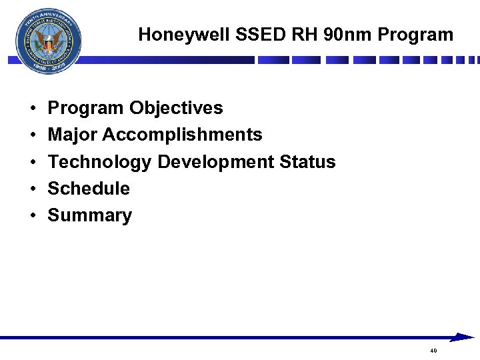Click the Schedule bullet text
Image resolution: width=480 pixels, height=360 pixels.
pyautogui.click(x=89, y=189)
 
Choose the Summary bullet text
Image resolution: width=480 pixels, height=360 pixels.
pyautogui.click(x=90, y=215)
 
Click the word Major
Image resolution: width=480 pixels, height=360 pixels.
pyautogui.click(x=73, y=135)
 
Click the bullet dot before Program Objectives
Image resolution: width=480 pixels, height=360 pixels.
pyautogui.click(x=32, y=109)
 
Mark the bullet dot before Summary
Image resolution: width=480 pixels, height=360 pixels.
pyautogui.click(x=32, y=216)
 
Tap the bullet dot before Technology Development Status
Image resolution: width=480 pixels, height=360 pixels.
pyautogui.click(x=32, y=163)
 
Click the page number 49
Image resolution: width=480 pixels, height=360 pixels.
pyautogui.click(x=433, y=351)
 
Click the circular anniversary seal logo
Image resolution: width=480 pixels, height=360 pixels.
pyautogui.click(x=49, y=42)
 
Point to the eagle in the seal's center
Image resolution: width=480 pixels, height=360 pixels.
pyautogui.click(x=49, y=43)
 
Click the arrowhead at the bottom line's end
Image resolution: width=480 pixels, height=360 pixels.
pyautogui.click(x=463, y=337)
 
